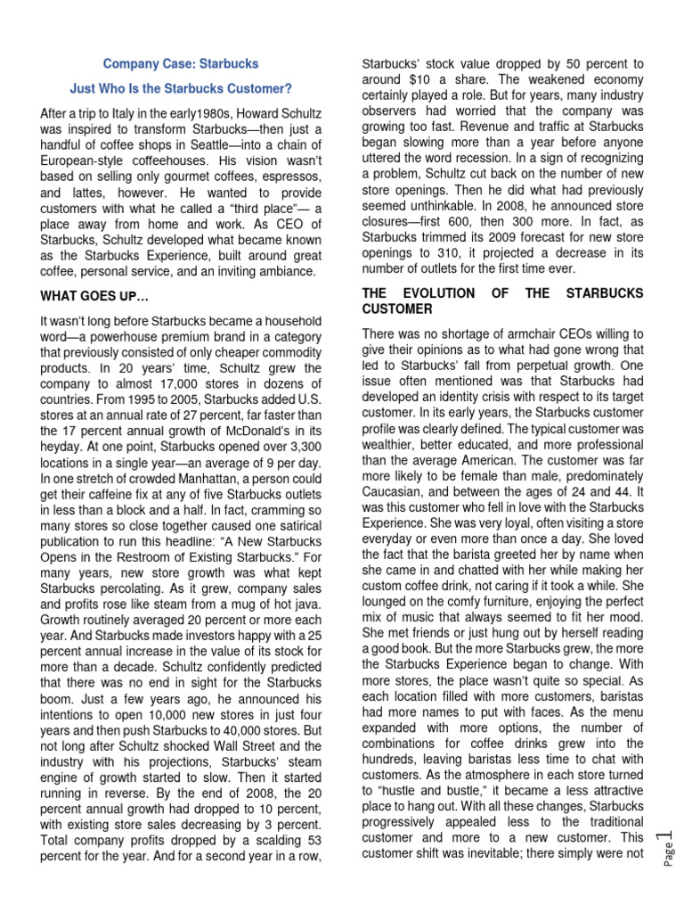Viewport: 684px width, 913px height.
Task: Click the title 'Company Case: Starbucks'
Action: pyautogui.click(x=181, y=64)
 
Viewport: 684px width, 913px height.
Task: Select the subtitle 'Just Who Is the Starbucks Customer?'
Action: pyautogui.click(x=181, y=89)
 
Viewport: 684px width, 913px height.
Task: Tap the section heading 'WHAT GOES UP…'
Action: pyautogui.click(x=93, y=294)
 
